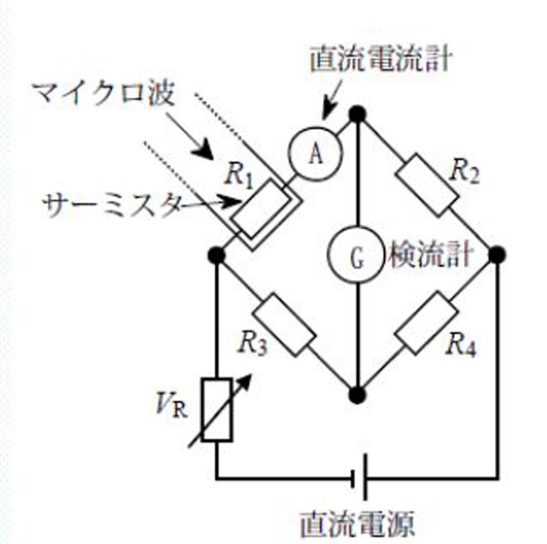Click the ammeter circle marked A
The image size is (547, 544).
(x=315, y=153)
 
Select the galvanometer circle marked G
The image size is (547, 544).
(x=356, y=255)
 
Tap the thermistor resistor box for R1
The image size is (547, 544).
(x=261, y=209)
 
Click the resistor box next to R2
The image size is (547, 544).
(x=427, y=185)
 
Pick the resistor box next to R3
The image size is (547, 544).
(x=284, y=325)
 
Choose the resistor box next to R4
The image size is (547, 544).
(x=426, y=324)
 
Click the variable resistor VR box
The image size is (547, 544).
(x=217, y=410)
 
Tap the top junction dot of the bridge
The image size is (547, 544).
(x=357, y=114)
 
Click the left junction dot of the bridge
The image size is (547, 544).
(x=216, y=255)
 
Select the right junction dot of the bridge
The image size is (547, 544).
(x=497, y=255)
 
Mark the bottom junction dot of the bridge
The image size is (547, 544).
(x=357, y=395)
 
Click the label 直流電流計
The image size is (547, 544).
(x=381, y=60)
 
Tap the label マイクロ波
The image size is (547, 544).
(x=104, y=93)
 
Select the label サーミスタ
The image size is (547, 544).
(x=112, y=205)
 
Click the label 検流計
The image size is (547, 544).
(x=431, y=255)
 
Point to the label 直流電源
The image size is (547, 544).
(x=357, y=523)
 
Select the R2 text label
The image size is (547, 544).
(x=464, y=172)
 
